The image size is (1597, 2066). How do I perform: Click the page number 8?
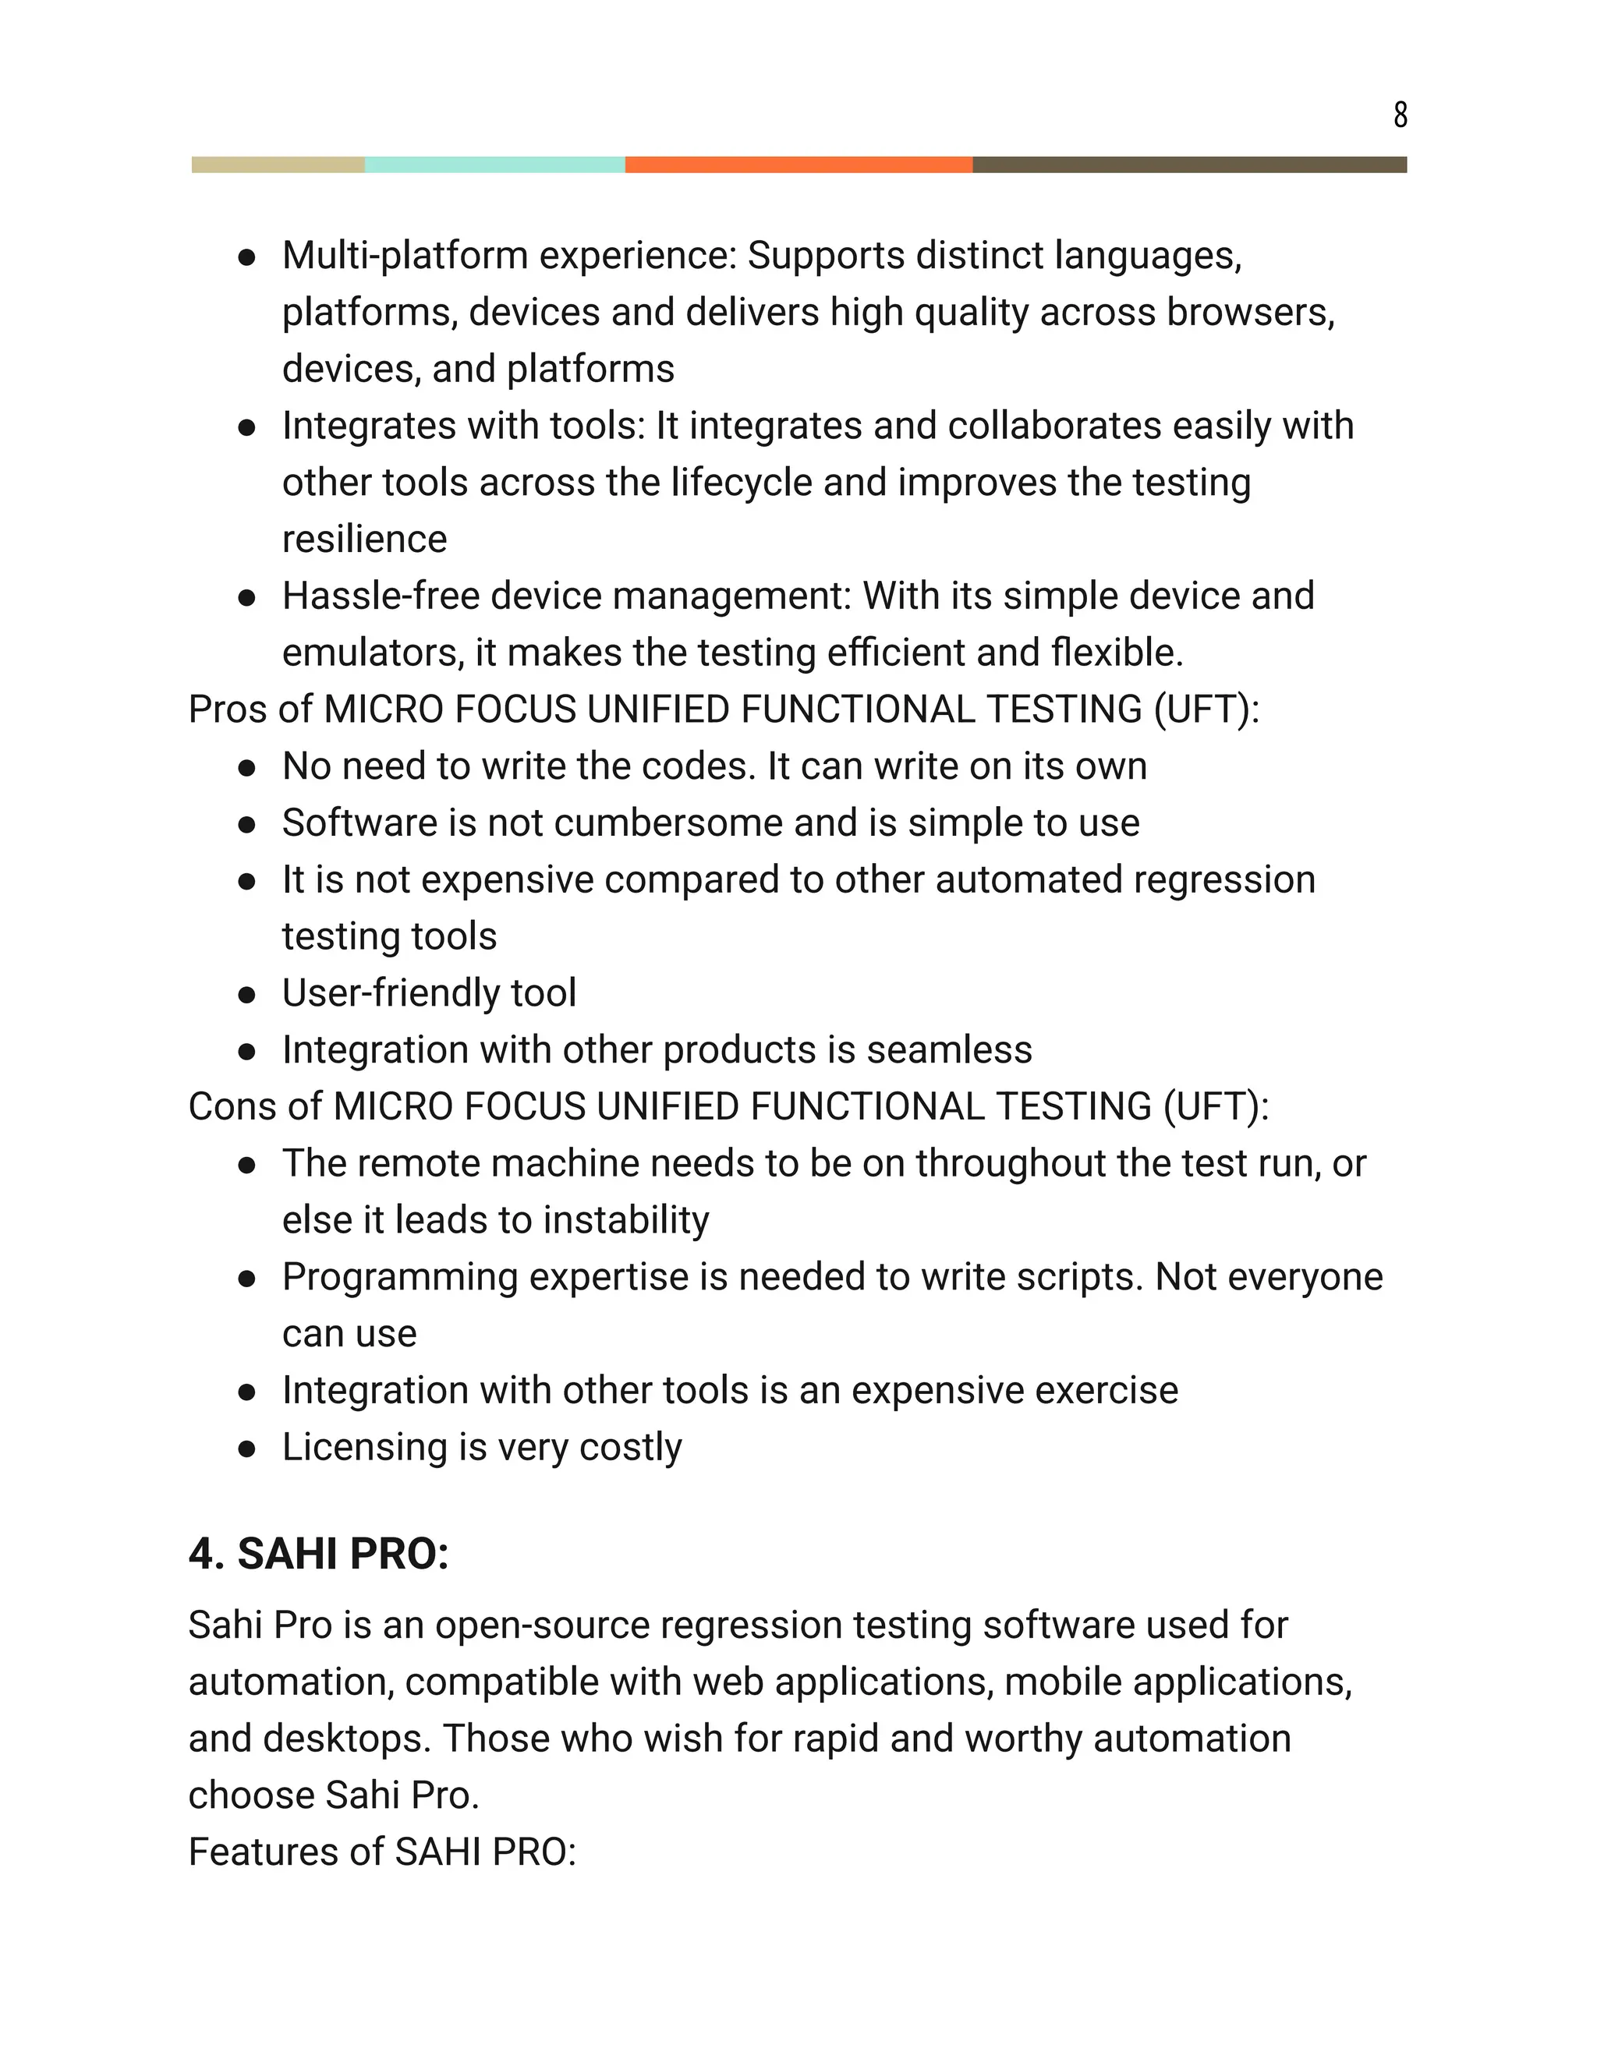point(1400,115)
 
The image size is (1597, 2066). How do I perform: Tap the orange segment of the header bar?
point(798,165)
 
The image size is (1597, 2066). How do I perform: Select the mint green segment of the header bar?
point(495,165)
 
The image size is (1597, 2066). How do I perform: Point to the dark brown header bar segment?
point(1189,165)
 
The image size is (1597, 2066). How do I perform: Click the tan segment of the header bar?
point(278,165)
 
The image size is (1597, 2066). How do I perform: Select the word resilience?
point(364,539)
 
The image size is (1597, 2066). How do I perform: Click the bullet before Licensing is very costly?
point(247,1449)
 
